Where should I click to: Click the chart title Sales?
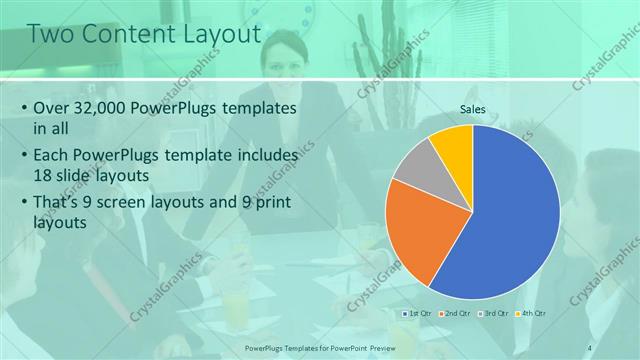(473, 109)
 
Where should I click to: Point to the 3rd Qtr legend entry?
(494, 314)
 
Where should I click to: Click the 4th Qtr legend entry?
(533, 314)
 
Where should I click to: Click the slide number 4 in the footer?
(590, 347)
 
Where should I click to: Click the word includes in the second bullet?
(264, 155)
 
